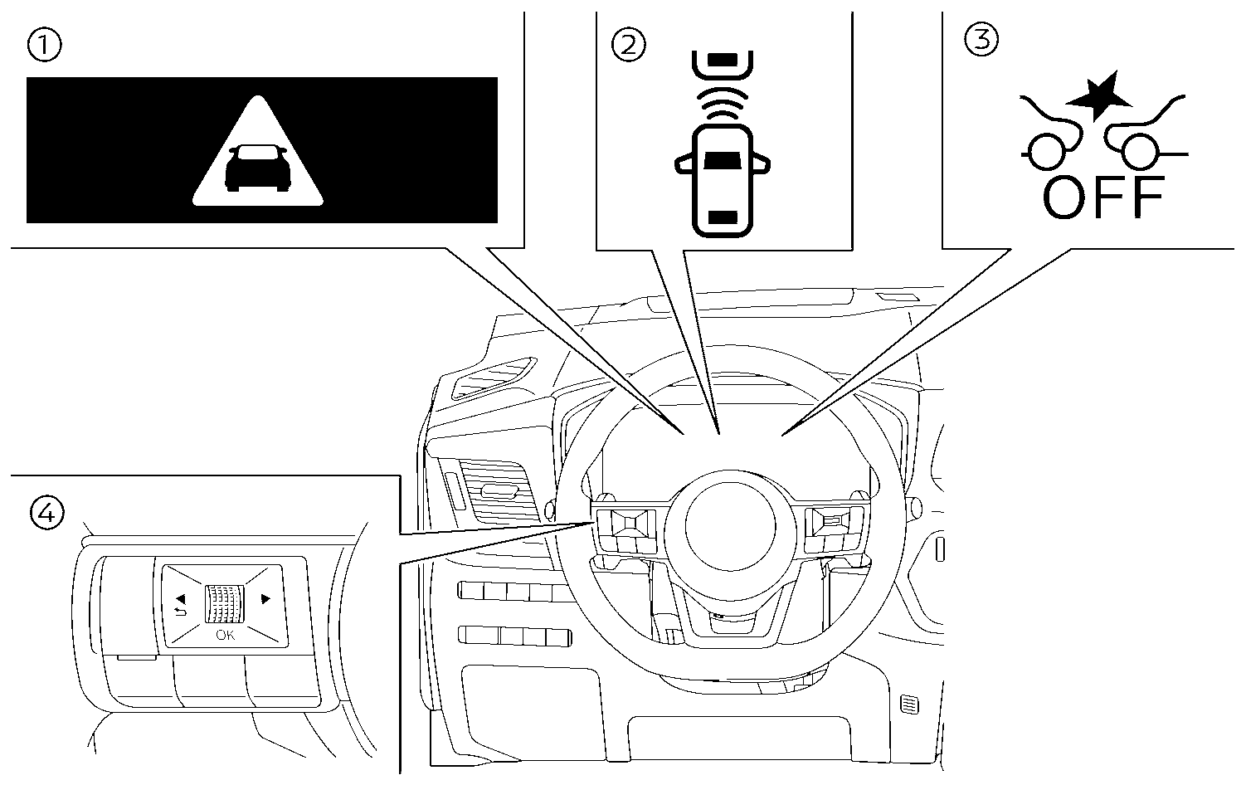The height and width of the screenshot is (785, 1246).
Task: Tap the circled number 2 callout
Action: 627,43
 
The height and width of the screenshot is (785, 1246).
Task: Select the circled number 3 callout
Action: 981,38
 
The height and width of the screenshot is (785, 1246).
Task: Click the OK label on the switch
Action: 225,636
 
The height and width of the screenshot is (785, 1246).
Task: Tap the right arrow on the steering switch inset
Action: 265,598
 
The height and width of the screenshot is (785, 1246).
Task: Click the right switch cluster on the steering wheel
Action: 834,528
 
